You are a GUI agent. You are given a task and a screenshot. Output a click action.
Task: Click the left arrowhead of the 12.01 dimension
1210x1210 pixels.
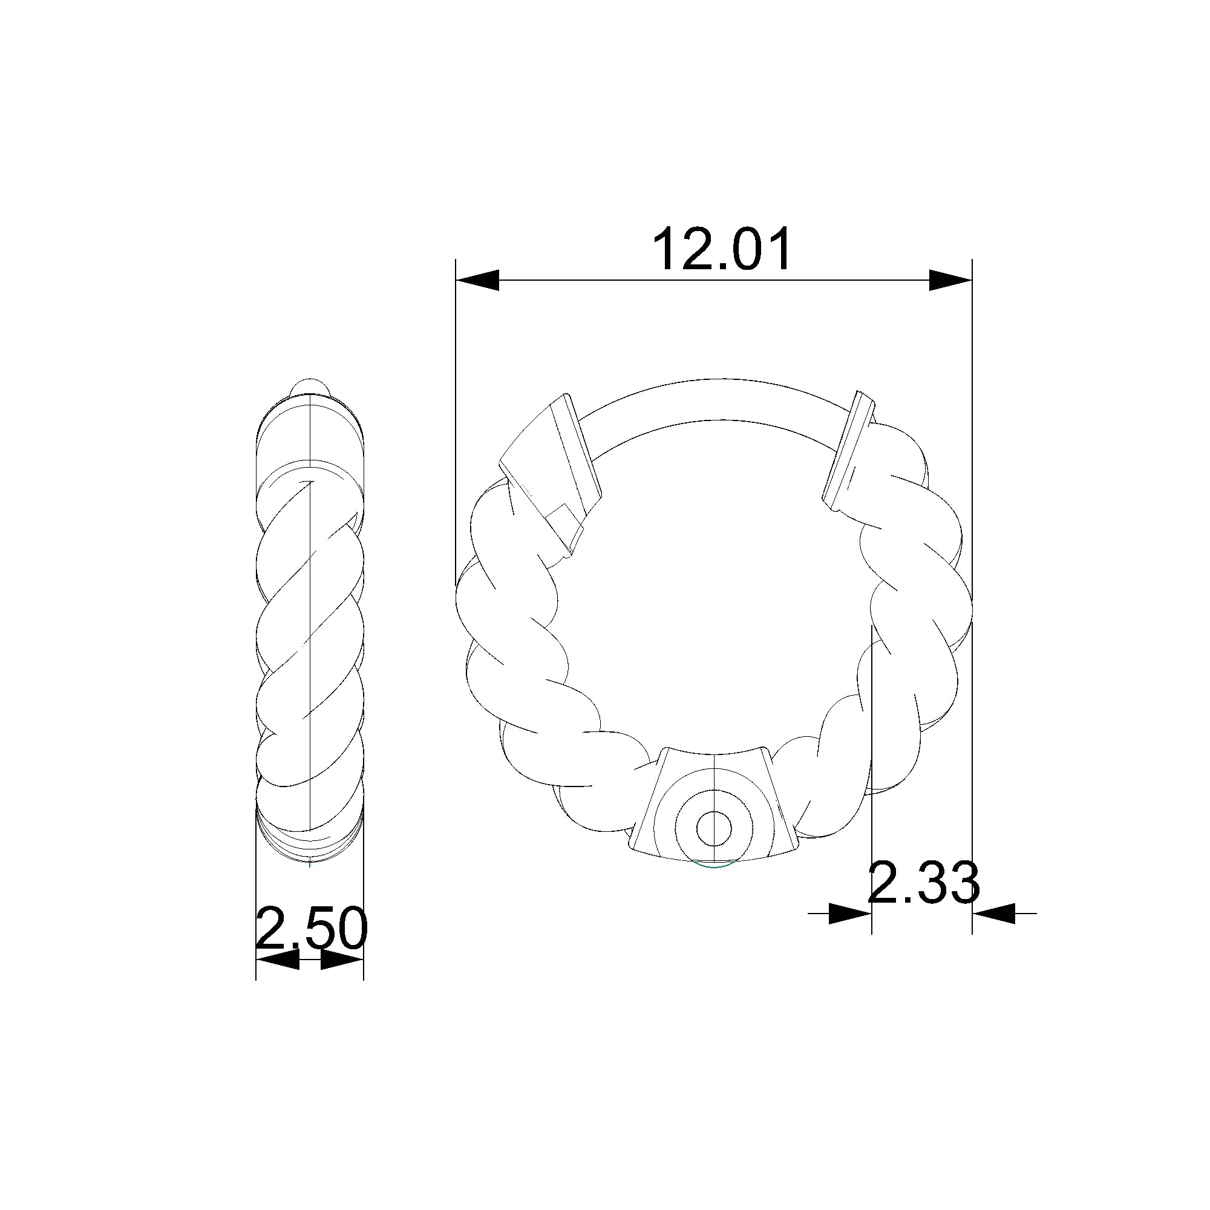pyautogui.click(x=477, y=280)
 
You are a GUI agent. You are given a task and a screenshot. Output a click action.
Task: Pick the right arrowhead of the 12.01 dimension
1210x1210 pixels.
pyautogui.click(x=949, y=280)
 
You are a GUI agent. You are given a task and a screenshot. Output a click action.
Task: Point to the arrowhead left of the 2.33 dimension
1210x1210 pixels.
pyautogui.click(x=849, y=913)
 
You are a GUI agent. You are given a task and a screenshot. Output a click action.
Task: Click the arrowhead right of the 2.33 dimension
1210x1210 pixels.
pyautogui.click(x=993, y=913)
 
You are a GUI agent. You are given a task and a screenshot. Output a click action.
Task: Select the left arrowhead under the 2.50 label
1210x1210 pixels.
pyautogui.click(x=278, y=960)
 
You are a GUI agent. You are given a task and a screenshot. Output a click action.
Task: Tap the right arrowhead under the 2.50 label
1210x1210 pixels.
pyautogui.click(x=342, y=960)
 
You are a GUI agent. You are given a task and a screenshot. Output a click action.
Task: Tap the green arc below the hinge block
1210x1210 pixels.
pyautogui.click(x=714, y=866)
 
